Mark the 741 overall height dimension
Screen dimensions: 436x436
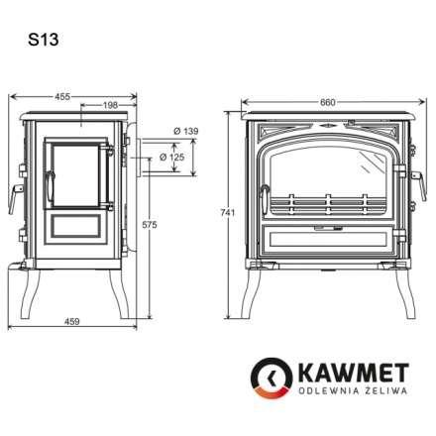[x=226, y=213]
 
